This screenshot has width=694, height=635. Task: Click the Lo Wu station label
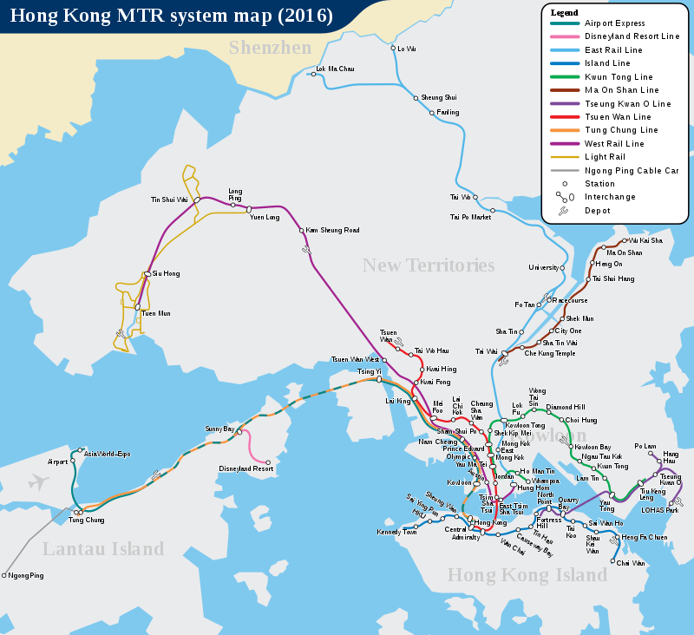coord(406,49)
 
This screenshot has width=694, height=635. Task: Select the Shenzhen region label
coord(270,48)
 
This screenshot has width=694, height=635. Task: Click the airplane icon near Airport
coord(38,482)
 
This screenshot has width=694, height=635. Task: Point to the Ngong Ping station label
coord(26,575)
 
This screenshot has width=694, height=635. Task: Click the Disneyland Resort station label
coord(246,469)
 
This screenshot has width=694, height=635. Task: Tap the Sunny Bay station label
coord(219,429)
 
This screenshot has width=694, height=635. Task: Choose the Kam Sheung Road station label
coord(333,231)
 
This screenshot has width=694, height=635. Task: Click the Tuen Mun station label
coord(156,313)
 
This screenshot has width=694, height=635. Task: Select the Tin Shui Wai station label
coord(169,200)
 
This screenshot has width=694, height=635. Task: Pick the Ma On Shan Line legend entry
coord(621,90)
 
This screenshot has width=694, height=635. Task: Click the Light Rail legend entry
coord(605,157)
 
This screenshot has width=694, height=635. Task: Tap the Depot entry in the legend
coord(597,211)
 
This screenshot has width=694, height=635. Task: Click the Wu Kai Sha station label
coord(645,240)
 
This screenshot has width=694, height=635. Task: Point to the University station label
coord(544,267)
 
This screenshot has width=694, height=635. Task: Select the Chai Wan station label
coord(631,563)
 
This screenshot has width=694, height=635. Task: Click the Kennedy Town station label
coord(396,532)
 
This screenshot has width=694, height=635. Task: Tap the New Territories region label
coord(428,265)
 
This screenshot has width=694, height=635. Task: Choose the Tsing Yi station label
coord(370,371)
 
